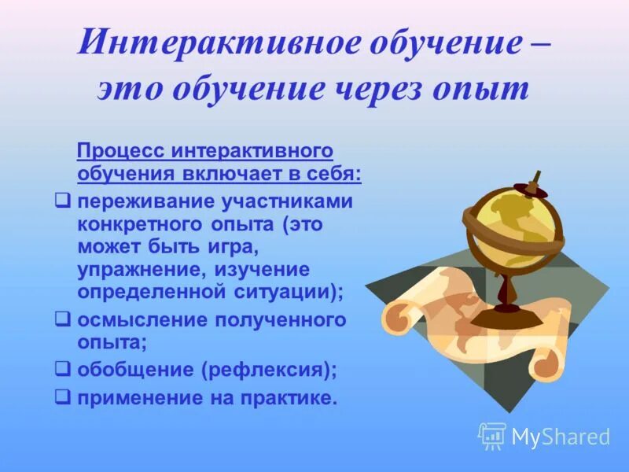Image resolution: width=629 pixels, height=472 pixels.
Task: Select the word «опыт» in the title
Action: [x=492, y=90]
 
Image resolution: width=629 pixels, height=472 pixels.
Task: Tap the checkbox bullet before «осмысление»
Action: [x=64, y=319]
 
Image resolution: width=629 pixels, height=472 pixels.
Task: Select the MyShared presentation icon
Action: [x=492, y=435]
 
